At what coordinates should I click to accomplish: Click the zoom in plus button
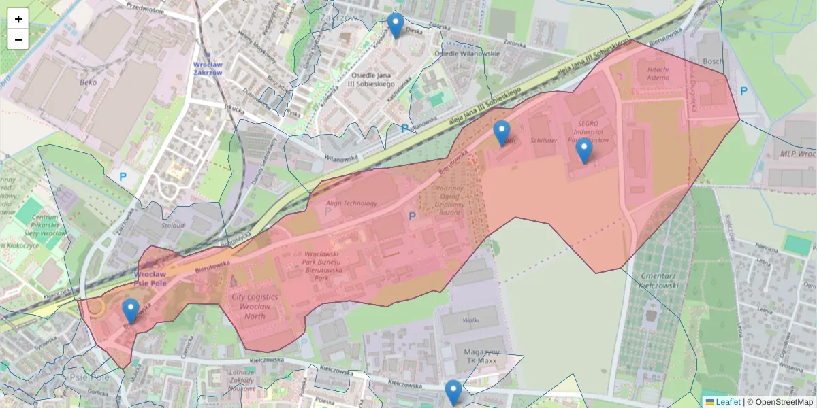click(x=18, y=19)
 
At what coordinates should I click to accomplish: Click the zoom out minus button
click(x=18, y=39)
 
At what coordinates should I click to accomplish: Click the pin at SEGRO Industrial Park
click(x=583, y=150)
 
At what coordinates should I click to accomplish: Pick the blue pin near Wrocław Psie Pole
click(x=131, y=311)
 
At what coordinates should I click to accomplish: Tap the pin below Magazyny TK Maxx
click(x=453, y=392)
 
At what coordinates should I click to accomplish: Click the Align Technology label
click(x=352, y=203)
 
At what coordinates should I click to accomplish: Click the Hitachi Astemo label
click(x=659, y=73)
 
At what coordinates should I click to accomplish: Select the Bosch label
click(x=714, y=61)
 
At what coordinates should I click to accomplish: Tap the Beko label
click(x=88, y=82)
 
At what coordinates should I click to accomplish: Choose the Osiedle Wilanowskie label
click(x=467, y=54)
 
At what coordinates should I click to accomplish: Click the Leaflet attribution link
click(x=727, y=402)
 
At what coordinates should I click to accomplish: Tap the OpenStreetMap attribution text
click(x=780, y=402)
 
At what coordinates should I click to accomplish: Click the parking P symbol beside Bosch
click(x=743, y=91)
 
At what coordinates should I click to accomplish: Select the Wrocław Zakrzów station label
click(x=207, y=67)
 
